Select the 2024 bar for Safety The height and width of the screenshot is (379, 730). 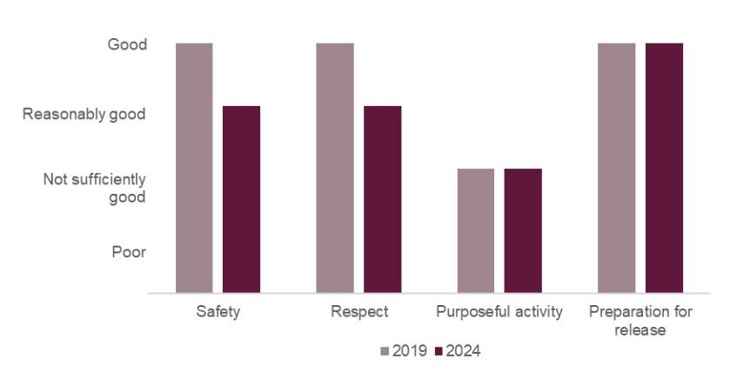241,199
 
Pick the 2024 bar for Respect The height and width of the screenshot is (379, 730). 382,199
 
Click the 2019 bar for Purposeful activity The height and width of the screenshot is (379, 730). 475,230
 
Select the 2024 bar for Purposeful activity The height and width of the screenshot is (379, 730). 523,230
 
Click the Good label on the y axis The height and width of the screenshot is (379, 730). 126,43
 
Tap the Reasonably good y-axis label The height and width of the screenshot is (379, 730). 84,114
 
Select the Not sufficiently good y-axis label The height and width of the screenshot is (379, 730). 95,188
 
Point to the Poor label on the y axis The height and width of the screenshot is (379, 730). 129,252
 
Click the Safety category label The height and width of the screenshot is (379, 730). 218,311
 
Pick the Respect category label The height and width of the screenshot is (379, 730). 358,311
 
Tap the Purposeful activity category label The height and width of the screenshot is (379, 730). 499,311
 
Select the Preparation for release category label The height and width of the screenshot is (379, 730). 640,320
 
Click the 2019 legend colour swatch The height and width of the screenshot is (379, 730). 385,351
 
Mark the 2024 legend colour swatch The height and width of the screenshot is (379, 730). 439,351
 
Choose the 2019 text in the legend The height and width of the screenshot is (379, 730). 409,351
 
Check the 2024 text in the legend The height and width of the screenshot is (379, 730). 463,351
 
